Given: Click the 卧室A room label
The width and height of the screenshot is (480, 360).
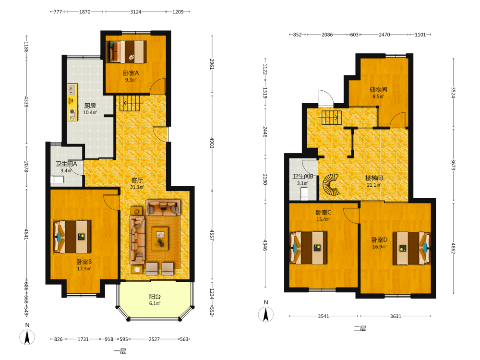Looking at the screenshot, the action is point(131,73).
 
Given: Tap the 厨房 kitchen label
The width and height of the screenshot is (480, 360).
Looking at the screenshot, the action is point(90,106).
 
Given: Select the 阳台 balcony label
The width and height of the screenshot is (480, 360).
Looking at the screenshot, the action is point(155,296).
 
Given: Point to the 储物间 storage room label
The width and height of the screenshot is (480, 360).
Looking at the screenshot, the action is point(378,89).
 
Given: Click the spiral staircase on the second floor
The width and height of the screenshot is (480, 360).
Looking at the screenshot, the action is point(331,185).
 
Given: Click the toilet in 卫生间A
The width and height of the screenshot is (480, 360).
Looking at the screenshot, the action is point(57,180).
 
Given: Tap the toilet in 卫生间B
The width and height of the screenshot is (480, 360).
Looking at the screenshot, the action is point(304,193).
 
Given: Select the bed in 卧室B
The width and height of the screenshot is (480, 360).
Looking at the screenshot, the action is point(72,237).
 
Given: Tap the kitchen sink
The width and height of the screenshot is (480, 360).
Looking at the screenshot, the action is point(72,90).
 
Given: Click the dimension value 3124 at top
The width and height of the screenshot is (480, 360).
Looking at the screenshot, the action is point(136,12).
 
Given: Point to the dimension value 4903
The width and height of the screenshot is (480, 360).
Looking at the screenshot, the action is point(212,143).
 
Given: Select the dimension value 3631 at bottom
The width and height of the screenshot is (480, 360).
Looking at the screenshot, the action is point(396,316).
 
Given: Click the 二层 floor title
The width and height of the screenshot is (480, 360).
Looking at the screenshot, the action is point(360,328).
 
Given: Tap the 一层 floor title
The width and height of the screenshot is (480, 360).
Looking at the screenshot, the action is point(120,351).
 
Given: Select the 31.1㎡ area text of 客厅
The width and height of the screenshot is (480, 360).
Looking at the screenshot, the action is point(137,187).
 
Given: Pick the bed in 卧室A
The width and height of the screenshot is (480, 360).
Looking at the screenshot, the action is point(126,51).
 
